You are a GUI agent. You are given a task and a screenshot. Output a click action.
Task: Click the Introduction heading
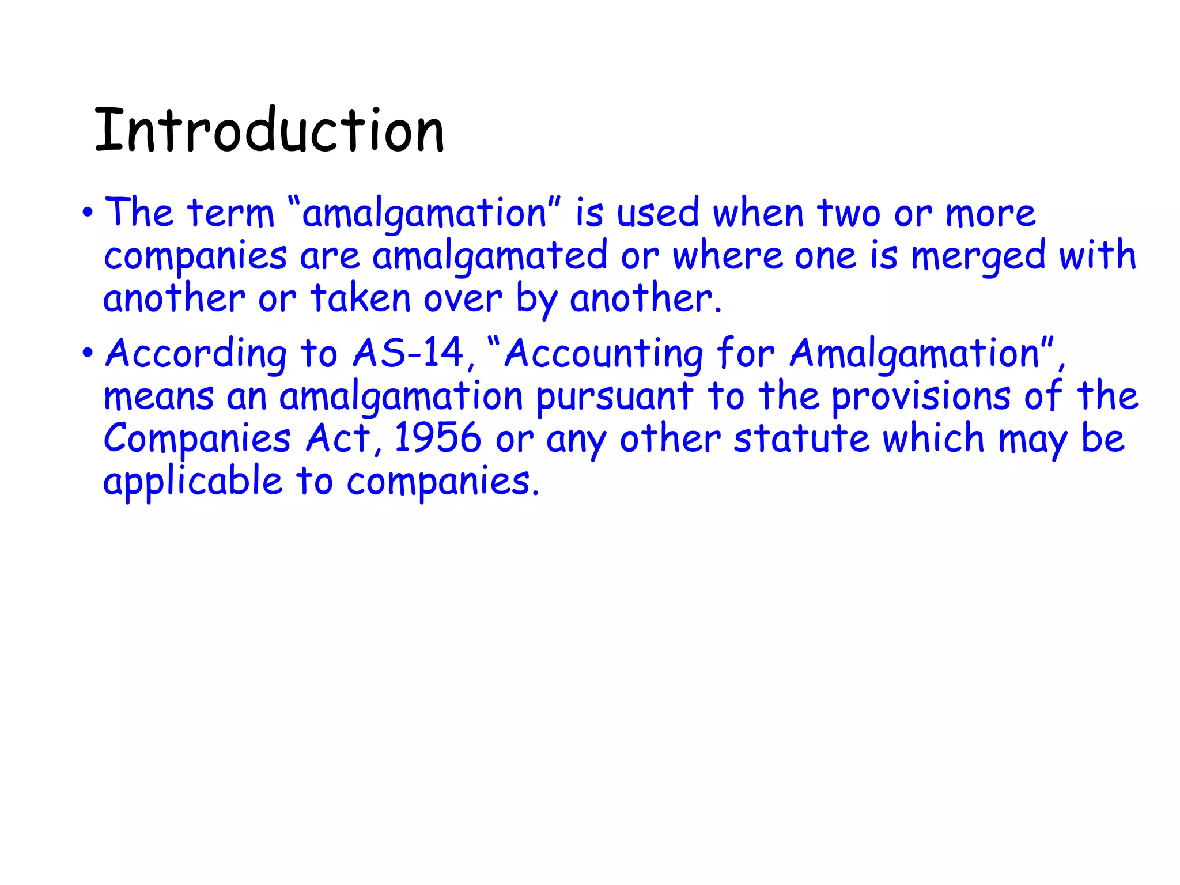[269, 131]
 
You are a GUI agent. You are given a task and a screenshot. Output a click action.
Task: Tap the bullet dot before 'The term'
[87, 213]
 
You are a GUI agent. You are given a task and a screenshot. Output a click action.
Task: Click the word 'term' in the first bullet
[230, 213]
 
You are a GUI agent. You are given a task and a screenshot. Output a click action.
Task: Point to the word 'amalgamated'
[490, 256]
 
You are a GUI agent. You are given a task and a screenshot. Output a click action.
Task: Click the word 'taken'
[360, 298]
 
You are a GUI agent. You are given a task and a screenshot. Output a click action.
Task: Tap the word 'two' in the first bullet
[849, 213]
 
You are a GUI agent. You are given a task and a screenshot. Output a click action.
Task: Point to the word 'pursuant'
[614, 397]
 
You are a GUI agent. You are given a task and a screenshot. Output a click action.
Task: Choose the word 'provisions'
[921, 397]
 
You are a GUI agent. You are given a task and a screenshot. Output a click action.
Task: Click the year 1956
[437, 438]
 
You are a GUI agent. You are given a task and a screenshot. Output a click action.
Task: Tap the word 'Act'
[339, 438]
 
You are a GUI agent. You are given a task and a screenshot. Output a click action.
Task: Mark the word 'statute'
[801, 438]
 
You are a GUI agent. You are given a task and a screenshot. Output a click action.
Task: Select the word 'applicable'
[192, 482]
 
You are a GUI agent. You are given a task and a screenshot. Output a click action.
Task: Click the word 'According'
[196, 353]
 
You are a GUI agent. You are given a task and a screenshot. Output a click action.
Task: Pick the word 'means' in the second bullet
[158, 397]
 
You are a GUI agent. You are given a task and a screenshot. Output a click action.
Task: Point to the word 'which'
[933, 438]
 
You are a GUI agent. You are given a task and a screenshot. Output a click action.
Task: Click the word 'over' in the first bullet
[463, 298]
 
